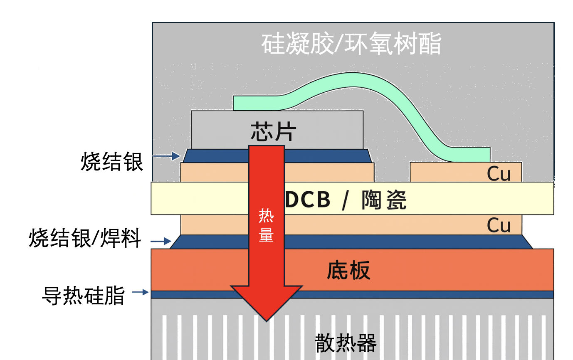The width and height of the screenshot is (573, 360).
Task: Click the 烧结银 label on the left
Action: [x=112, y=162]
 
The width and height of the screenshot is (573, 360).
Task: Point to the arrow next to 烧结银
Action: [x=166, y=156]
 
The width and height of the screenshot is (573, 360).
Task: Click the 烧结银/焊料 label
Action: [x=85, y=239]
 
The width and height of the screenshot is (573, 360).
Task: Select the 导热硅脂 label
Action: [x=84, y=296]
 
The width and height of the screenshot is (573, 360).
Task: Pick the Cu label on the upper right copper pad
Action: [x=499, y=174]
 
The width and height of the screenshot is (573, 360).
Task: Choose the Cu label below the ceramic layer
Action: [x=499, y=225]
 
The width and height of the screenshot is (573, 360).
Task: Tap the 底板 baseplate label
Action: [x=348, y=271]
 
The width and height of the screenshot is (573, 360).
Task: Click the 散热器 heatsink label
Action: [x=346, y=343]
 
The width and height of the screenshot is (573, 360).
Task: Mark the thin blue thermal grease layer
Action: [x=416, y=294]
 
